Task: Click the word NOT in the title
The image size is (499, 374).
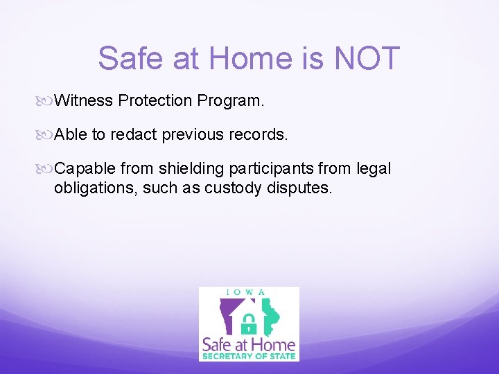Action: [367, 58]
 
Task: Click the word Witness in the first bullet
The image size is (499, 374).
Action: [83, 100]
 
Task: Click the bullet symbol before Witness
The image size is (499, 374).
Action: [46, 101]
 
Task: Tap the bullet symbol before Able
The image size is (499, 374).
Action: [46, 135]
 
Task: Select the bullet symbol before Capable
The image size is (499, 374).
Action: [46, 169]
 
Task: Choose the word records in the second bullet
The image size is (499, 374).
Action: [260, 134]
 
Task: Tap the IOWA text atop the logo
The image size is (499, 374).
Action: [249, 292]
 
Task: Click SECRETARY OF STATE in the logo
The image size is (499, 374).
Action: [249, 356]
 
